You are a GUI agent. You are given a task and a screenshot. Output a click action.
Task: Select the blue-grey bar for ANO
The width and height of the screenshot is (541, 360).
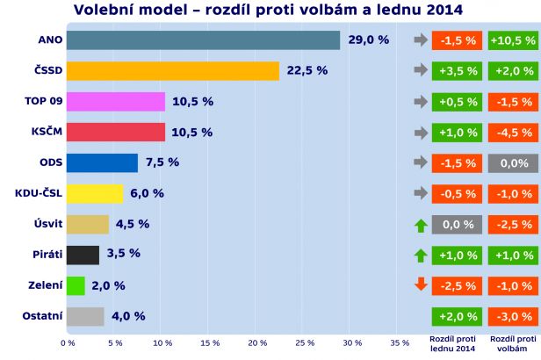click(203, 40)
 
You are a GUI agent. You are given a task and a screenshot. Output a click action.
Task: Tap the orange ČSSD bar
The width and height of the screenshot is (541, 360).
click(172, 71)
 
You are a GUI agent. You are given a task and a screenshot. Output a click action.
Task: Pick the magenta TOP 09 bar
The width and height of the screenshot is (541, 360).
click(115, 102)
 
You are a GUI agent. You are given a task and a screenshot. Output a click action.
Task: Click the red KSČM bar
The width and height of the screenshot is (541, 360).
click(115, 133)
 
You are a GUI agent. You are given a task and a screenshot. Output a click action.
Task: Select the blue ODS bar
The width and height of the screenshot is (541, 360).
click(102, 163)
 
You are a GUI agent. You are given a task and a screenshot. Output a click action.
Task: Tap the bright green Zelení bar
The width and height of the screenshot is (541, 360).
click(76, 286)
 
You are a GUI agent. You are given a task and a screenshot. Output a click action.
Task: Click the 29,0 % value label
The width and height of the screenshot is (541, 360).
click(369, 40)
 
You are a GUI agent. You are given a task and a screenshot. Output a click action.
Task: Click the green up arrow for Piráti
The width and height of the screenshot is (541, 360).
click(420, 256)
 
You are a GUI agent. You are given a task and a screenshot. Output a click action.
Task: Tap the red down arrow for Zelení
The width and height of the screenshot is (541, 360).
click(420, 285)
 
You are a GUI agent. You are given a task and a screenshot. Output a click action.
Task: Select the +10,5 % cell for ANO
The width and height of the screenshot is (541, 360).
click(514, 40)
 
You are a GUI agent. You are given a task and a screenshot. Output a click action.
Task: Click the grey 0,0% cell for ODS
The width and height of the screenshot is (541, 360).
click(514, 163)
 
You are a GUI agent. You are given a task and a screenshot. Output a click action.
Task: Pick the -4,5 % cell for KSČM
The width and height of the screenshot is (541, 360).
click(514, 133)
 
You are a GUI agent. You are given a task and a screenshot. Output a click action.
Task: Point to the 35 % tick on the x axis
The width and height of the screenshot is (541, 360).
click(399, 342)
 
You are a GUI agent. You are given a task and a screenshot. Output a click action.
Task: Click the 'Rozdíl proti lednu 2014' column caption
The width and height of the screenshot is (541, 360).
click(453, 342)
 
